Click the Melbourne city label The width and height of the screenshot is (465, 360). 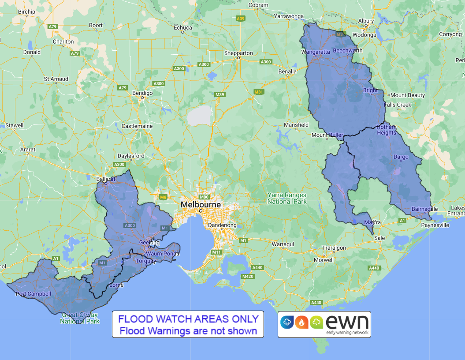click(201, 205)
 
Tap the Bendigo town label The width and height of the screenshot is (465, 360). click(142, 93)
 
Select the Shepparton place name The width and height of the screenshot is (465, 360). click(238, 53)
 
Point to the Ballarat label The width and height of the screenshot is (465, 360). click(106, 179)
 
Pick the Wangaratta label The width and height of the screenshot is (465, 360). click(316, 52)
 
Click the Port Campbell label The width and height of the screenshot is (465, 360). click(33, 294)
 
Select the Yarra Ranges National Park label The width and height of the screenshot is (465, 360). click(287, 198)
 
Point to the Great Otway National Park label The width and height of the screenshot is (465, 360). click(80, 318)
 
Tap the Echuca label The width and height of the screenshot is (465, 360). click(183, 27)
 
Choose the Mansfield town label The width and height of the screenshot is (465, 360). click(296, 125)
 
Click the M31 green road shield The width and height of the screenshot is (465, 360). click(259, 92)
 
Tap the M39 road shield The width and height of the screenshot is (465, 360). click(219, 94)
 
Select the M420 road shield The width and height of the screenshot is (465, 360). click(248, 276)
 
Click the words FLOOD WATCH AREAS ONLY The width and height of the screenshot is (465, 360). click(188, 319)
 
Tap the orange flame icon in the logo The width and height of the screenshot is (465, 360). click(302, 322)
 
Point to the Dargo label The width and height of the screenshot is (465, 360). click(401, 157)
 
